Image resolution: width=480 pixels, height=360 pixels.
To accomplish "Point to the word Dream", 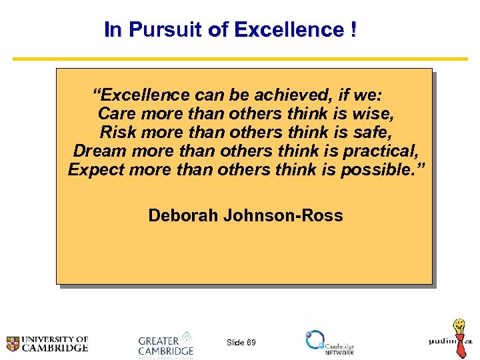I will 100,151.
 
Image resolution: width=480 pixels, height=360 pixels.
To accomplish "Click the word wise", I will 393,113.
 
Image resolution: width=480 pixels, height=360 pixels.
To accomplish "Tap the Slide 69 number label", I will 241,343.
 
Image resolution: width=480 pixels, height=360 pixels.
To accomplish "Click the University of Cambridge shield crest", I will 13,344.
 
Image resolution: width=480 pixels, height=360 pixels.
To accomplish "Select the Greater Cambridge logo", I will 166,343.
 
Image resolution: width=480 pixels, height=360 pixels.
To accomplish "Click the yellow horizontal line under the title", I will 240,59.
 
